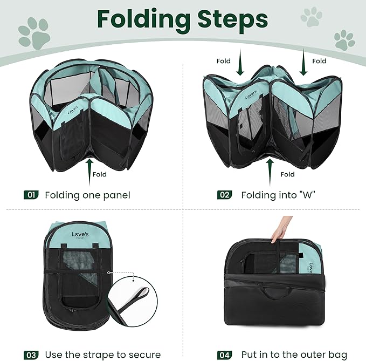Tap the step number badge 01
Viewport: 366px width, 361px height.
(31, 195)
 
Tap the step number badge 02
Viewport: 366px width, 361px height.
(225, 195)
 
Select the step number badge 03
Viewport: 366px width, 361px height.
(31, 355)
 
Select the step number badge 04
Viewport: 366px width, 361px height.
(225, 355)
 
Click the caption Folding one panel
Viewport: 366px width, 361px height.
(87, 195)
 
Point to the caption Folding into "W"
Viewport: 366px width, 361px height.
(278, 195)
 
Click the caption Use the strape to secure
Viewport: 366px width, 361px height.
(102, 355)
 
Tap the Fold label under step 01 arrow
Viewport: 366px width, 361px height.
(100, 174)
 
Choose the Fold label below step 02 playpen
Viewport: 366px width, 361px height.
(288, 174)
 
